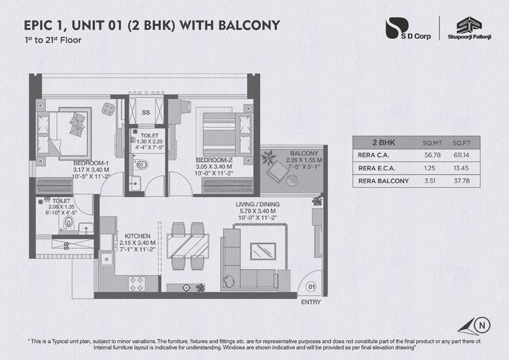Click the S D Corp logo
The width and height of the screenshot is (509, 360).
[x=408, y=29]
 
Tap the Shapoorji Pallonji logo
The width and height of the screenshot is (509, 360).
[x=469, y=28]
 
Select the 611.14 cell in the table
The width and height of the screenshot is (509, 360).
[x=461, y=155]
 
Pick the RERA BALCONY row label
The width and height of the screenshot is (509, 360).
[x=384, y=181]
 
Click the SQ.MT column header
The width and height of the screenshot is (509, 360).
[x=432, y=143]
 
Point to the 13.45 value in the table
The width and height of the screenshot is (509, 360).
[x=461, y=168]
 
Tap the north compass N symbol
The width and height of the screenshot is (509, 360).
[x=482, y=325]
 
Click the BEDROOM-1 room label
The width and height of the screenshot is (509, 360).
[x=91, y=163]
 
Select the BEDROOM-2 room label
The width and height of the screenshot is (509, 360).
[x=214, y=160]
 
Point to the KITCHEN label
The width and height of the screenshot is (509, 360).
[x=137, y=237]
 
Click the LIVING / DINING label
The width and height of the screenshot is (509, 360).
[x=258, y=204]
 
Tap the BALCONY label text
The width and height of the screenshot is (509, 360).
[x=304, y=153]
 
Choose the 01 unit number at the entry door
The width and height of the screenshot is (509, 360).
[x=312, y=287]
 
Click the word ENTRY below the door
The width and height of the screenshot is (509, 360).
[x=310, y=302]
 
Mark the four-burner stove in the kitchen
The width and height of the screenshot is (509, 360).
[x=137, y=284]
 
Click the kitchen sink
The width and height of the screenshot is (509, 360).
[x=106, y=259]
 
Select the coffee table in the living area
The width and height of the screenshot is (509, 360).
[x=263, y=251]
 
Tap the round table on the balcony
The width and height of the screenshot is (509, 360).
[x=291, y=181]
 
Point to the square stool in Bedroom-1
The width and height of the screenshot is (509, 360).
[x=108, y=109]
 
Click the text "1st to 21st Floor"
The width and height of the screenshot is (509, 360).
[x=53, y=40]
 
